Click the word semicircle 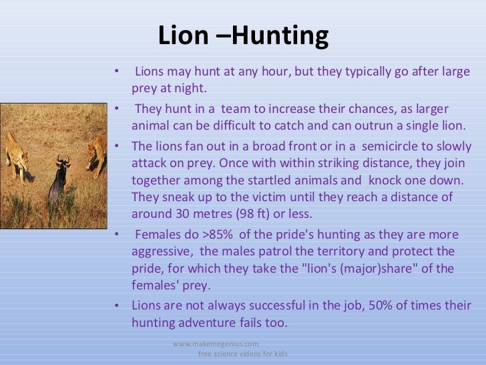(x=403, y=146)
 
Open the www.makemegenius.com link (x=212, y=343)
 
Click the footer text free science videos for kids (x=242, y=353)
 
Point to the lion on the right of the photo (x=97, y=154)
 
